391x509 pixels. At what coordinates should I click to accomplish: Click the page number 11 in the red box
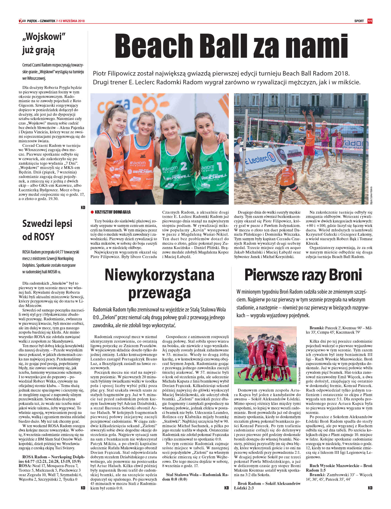pos(369,21)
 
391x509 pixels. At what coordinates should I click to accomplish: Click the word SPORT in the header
pos(359,21)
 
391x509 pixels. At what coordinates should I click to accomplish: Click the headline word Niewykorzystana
pos(159,275)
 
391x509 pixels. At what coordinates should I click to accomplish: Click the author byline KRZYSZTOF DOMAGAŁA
pos(113,212)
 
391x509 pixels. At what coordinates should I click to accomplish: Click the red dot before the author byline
pos(92,212)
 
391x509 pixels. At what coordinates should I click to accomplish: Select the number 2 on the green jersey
pos(184,166)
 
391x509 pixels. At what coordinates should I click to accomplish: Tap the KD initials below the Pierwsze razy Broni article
pos(370,488)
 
